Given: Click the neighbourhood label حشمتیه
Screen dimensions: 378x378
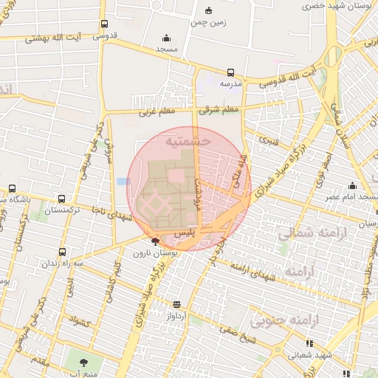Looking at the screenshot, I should pyautogui.click(x=188, y=140).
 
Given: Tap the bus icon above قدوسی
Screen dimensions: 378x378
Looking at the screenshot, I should pyautogui.click(x=104, y=24).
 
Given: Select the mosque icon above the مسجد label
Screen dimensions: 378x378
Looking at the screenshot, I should pyautogui.click(x=166, y=38).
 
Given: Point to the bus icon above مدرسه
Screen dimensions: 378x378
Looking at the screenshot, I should pyautogui.click(x=230, y=73).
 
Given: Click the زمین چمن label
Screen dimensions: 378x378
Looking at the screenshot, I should pyautogui.click(x=208, y=22).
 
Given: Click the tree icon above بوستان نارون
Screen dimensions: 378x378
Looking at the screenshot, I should pyautogui.click(x=154, y=241).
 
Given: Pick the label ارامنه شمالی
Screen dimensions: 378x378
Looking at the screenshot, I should pyautogui.click(x=306, y=234).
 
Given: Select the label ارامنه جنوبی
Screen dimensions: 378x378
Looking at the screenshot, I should pyautogui.click(x=279, y=321).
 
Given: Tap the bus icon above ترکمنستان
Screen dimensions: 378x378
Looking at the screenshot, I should pyautogui.click(x=61, y=199).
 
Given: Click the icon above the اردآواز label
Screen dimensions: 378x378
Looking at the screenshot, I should pyautogui.click(x=176, y=303).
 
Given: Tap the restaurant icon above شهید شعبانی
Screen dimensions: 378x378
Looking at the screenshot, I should pyautogui.click(x=309, y=343).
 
